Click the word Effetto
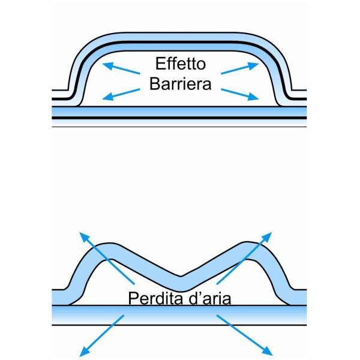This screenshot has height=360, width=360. [x=181, y=64]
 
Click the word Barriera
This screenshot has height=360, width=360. [x=181, y=84]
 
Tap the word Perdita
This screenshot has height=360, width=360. [x=156, y=298]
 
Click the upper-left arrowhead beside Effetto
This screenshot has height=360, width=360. [x=108, y=65]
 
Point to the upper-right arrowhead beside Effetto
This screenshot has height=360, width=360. [x=253, y=65]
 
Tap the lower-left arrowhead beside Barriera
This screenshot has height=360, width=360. [x=108, y=97]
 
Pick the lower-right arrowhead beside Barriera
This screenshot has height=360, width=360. [x=253, y=97]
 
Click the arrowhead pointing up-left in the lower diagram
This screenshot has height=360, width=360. [x=84, y=237]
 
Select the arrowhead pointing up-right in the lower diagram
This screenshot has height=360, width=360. [x=267, y=237]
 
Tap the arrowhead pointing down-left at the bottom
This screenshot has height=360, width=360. [x=84, y=352]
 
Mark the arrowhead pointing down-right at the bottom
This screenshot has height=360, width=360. [x=268, y=352]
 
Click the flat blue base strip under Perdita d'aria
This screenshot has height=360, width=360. [x=179, y=315]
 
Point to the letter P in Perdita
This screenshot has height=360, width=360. [x=133, y=298]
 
